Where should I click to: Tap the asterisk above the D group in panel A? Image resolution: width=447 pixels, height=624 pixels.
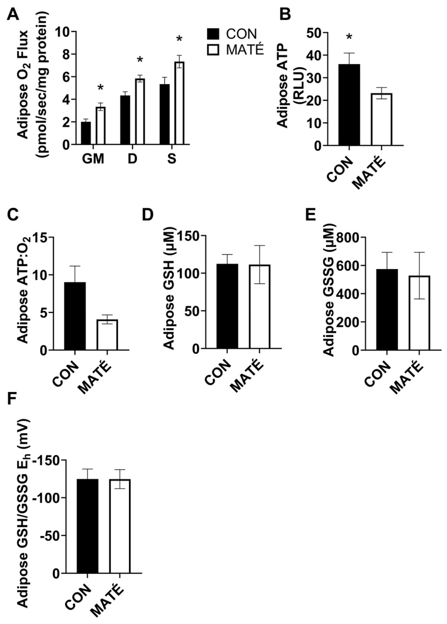(140, 60)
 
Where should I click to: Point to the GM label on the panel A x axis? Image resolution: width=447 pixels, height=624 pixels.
(94, 159)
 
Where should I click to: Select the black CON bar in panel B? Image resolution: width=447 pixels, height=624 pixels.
(349, 105)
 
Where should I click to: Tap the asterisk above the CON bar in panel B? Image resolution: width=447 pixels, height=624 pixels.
(349, 37)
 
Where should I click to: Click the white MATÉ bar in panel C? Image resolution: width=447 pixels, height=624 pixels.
(107, 335)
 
